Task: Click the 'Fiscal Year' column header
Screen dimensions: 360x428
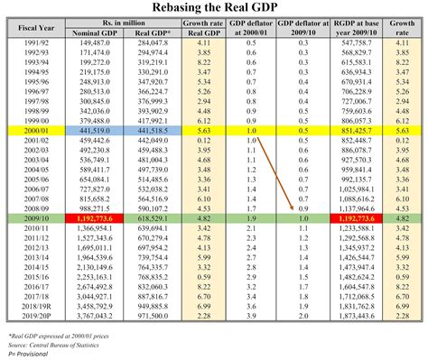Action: (39, 28)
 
